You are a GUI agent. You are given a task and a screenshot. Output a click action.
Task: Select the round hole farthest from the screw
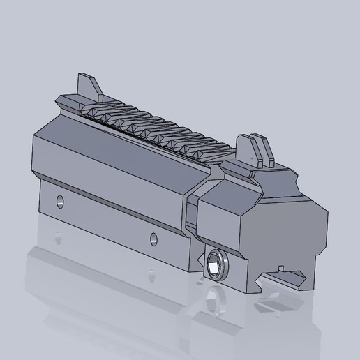[x=59, y=203]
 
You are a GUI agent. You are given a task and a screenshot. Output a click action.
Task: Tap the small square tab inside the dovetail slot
[x=280, y=268]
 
